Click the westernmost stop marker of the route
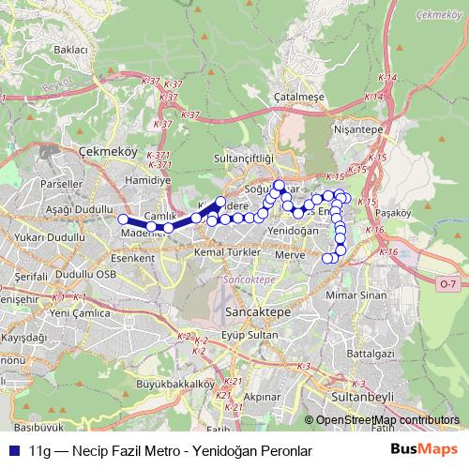click(123, 219)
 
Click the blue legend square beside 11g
click(15, 448)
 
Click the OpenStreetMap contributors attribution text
click(387, 421)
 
